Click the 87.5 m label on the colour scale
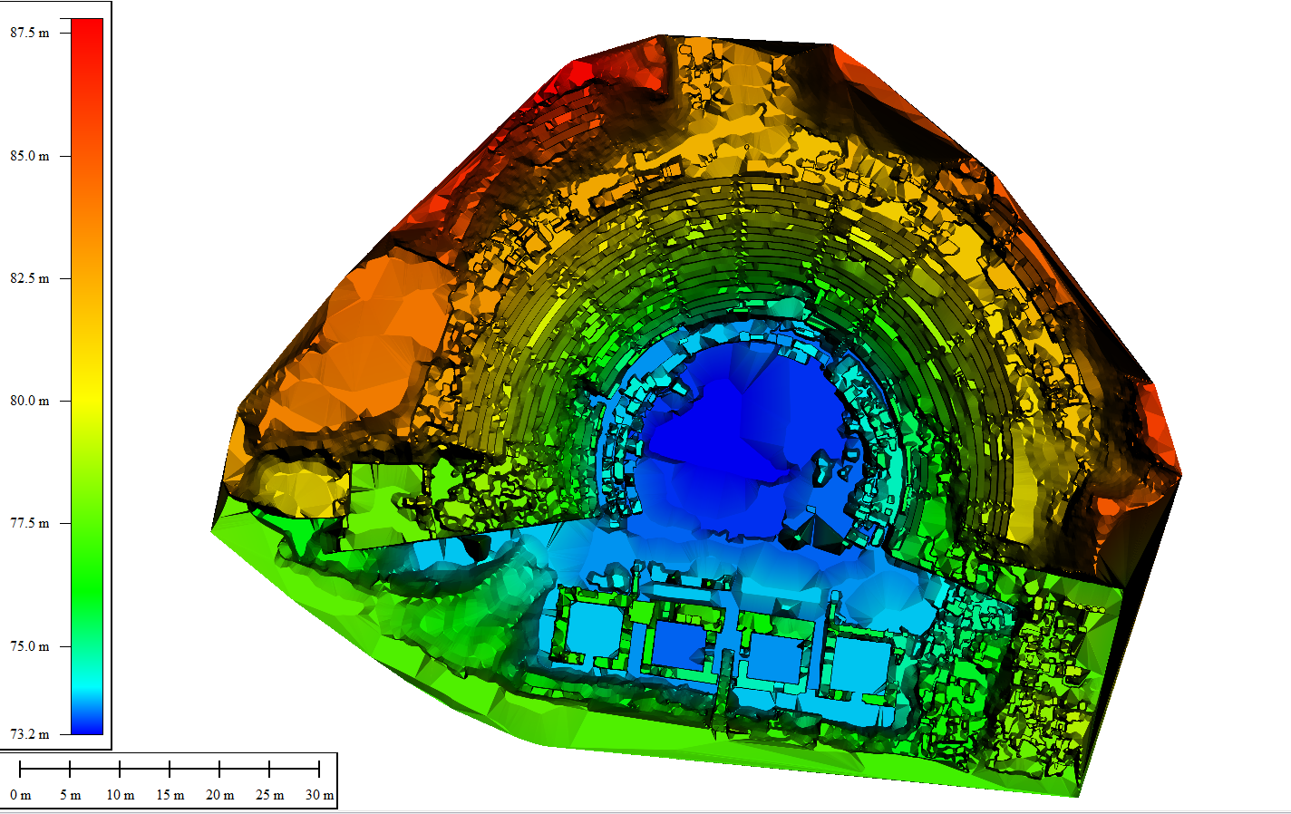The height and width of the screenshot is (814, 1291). (29, 33)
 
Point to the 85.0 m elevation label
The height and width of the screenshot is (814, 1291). (29, 156)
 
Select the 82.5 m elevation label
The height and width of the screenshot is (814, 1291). (29, 279)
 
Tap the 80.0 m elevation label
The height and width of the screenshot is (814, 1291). (29, 401)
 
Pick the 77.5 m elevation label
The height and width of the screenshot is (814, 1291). (29, 524)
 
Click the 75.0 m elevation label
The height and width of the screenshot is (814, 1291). (29, 646)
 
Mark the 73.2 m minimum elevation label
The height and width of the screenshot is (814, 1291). (29, 734)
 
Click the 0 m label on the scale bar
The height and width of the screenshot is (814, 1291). (21, 795)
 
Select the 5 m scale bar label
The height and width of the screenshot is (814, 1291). (71, 795)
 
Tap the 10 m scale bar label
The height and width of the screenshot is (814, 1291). (120, 795)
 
